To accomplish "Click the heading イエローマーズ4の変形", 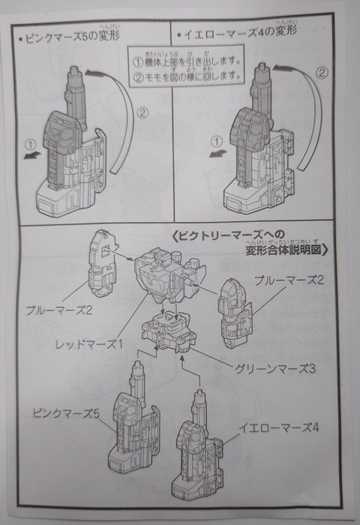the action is [x=237, y=32].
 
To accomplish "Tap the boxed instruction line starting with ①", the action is [x=187, y=62].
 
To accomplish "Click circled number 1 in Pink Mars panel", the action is [x=31, y=145].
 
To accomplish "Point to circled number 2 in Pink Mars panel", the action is [x=142, y=113].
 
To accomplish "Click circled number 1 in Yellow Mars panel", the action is [x=217, y=142].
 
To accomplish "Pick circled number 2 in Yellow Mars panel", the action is [x=322, y=73].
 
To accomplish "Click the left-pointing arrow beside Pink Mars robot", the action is [x=33, y=155].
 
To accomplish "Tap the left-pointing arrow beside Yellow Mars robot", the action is [x=218, y=153].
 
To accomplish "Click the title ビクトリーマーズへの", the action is [x=230, y=235].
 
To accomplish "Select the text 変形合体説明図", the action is [x=283, y=250].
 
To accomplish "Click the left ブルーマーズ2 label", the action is [x=59, y=310].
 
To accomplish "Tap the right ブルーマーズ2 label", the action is [x=289, y=280].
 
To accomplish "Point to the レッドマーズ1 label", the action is [x=89, y=343].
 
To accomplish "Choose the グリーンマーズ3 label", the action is [x=274, y=369].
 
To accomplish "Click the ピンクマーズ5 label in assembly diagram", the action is [x=66, y=413].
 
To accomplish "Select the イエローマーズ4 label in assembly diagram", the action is [x=278, y=427].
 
